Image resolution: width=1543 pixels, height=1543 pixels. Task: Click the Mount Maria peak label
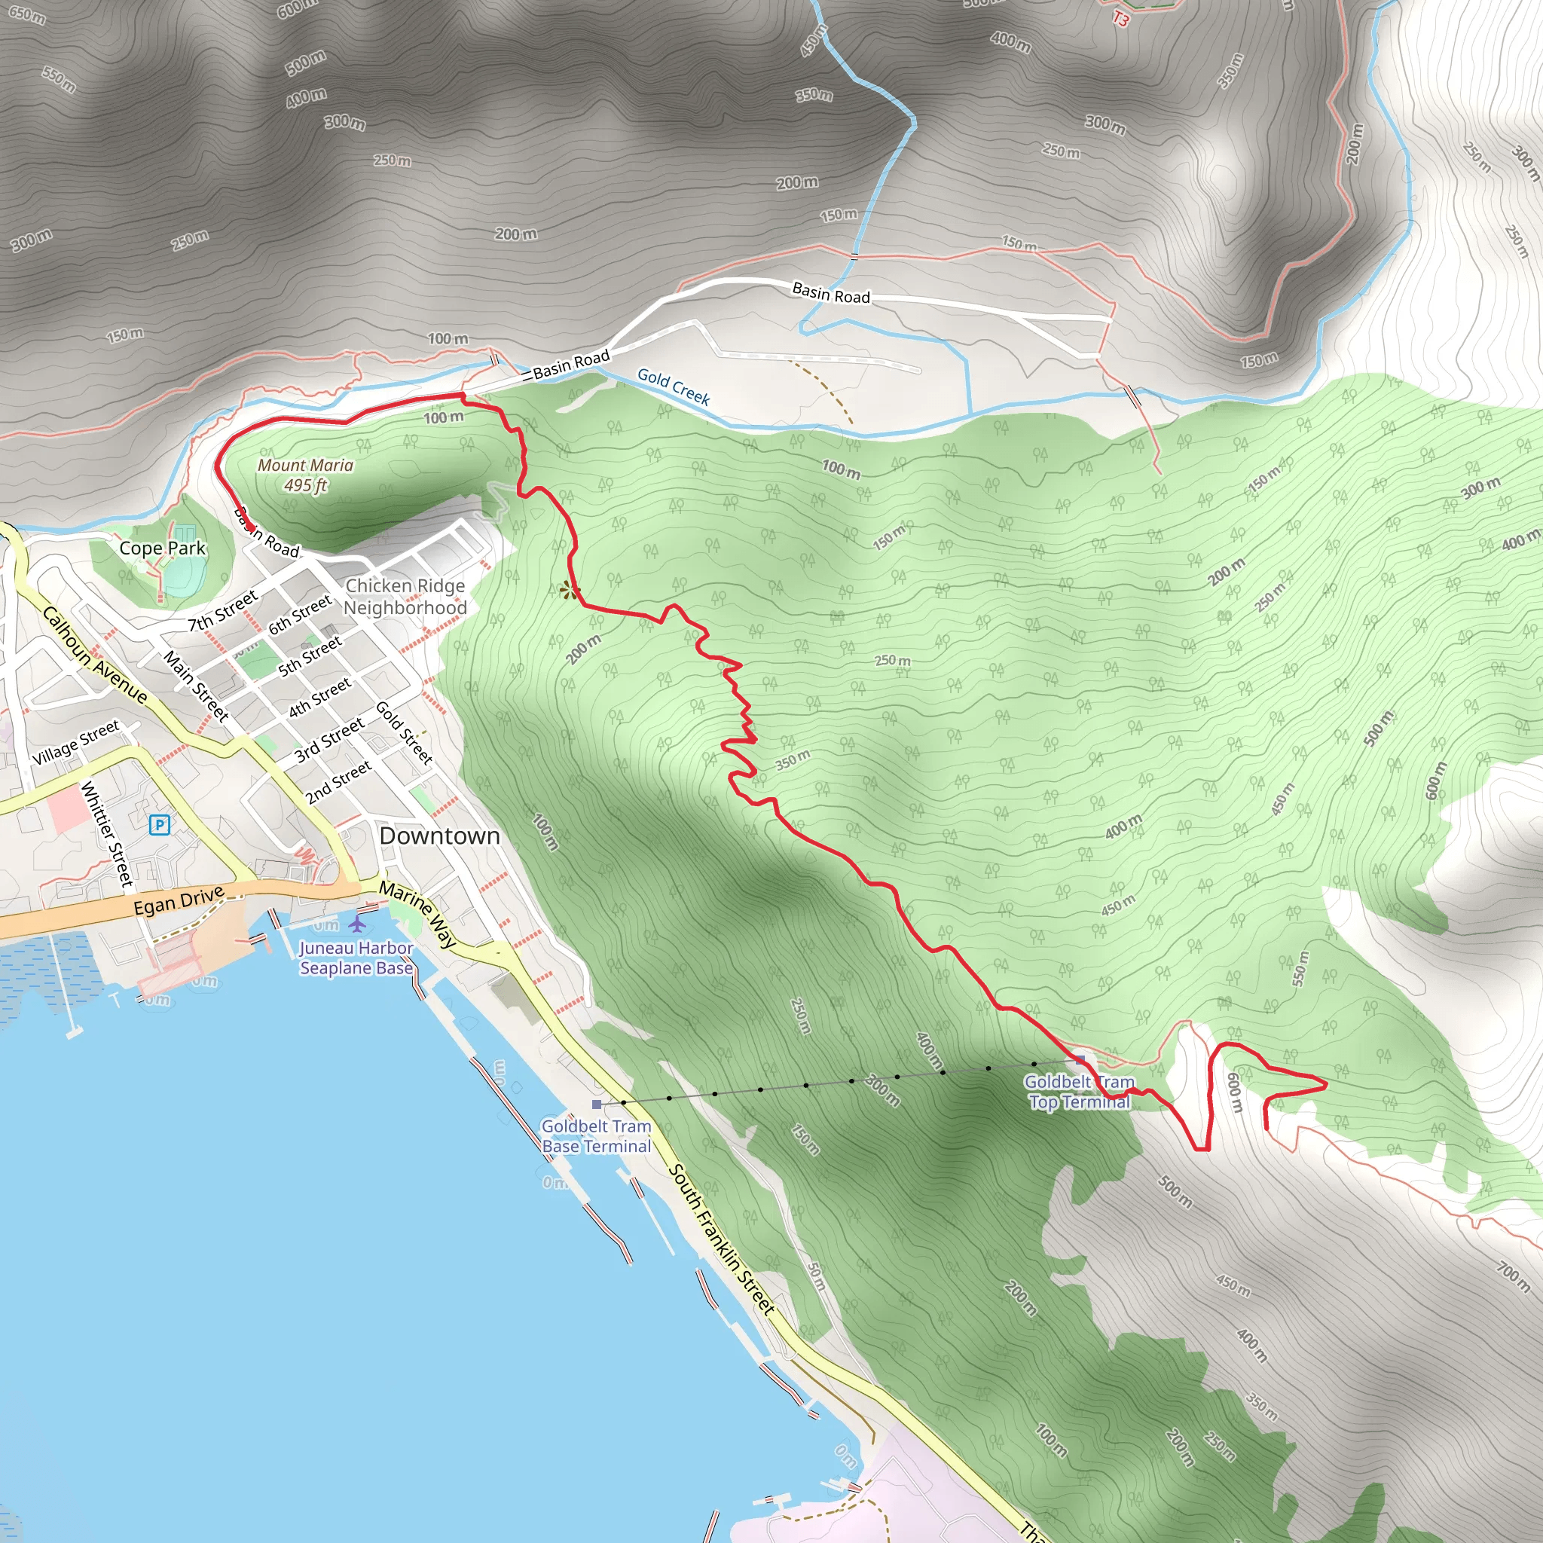coord(305,475)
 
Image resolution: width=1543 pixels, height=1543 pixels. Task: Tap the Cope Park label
coord(162,548)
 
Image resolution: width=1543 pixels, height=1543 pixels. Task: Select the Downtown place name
coord(439,836)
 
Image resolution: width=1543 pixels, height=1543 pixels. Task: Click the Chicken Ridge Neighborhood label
coord(405,597)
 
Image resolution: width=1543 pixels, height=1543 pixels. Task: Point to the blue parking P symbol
coord(160,824)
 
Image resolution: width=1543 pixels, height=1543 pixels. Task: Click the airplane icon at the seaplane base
coord(357,923)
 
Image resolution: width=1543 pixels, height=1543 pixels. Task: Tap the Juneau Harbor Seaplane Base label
coord(356,958)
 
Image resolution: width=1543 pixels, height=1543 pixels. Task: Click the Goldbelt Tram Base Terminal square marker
coord(597,1105)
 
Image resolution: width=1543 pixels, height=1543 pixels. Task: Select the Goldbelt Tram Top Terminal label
coord(1079,1092)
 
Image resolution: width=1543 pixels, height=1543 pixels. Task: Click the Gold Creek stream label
coord(674,387)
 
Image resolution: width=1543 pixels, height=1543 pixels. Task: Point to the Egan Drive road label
coord(179,902)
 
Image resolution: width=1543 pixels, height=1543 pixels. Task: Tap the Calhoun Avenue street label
coord(94,655)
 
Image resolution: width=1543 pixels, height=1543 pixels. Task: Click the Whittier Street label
coord(106,834)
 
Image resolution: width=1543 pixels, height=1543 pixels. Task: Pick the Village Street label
coord(76,742)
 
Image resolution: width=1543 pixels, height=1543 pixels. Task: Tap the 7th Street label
coord(223,610)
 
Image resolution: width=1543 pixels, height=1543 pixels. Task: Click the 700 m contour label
coord(1513,1276)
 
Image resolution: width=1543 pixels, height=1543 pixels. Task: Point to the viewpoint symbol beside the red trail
coord(569,590)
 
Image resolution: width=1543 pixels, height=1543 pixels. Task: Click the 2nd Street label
coord(338,781)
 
